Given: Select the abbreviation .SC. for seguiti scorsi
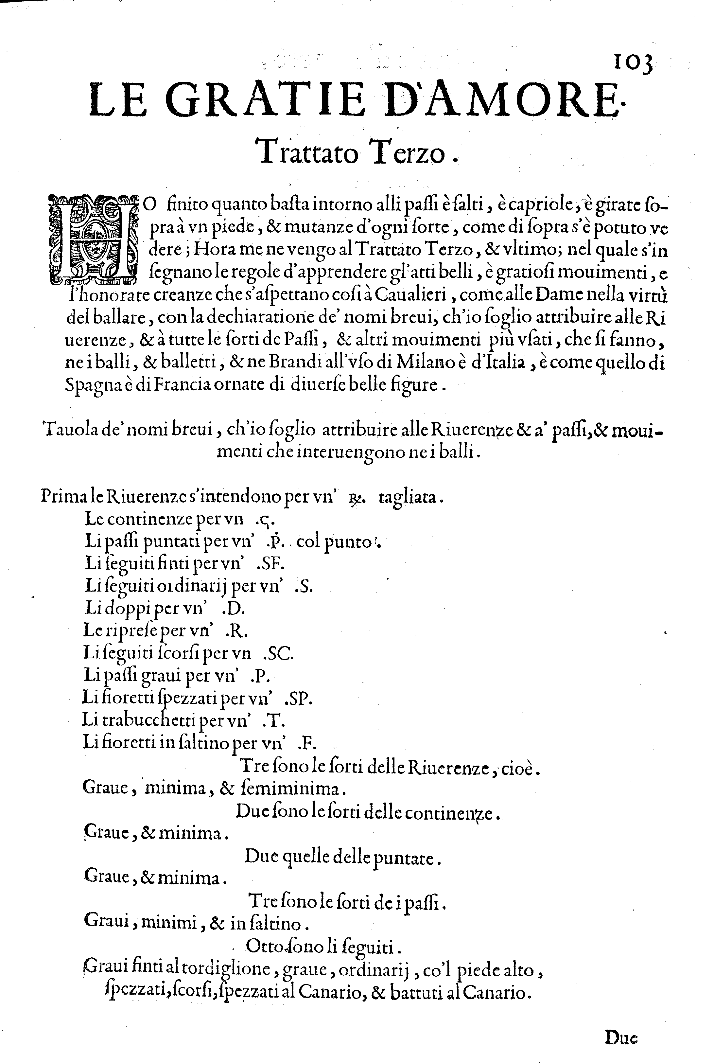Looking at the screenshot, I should [279, 654].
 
